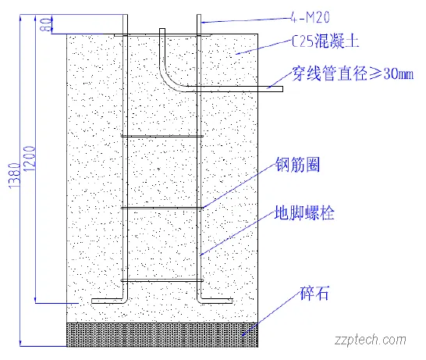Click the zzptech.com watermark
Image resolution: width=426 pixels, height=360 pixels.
[x=370, y=340]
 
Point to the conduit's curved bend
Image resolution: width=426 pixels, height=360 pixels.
[x=168, y=78]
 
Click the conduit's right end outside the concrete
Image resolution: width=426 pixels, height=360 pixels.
[x=276, y=89]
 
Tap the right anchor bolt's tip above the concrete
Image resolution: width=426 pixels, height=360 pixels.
[x=200, y=19]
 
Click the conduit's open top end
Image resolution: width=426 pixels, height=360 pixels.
[x=162, y=31]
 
